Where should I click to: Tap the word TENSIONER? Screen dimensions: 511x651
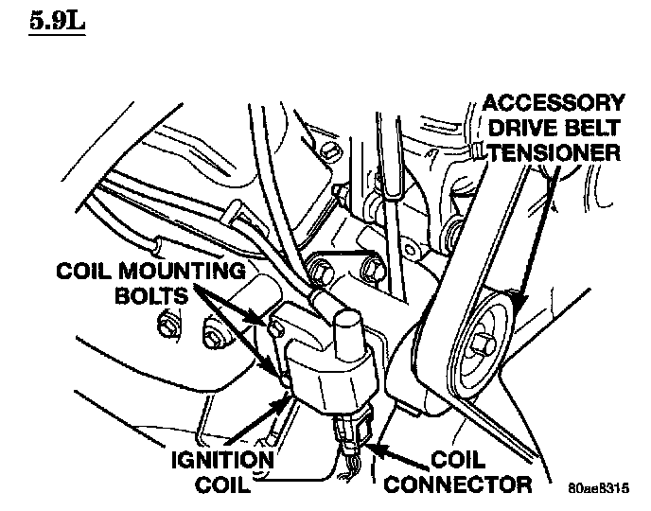[555, 151]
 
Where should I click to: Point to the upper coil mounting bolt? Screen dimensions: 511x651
[275, 328]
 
